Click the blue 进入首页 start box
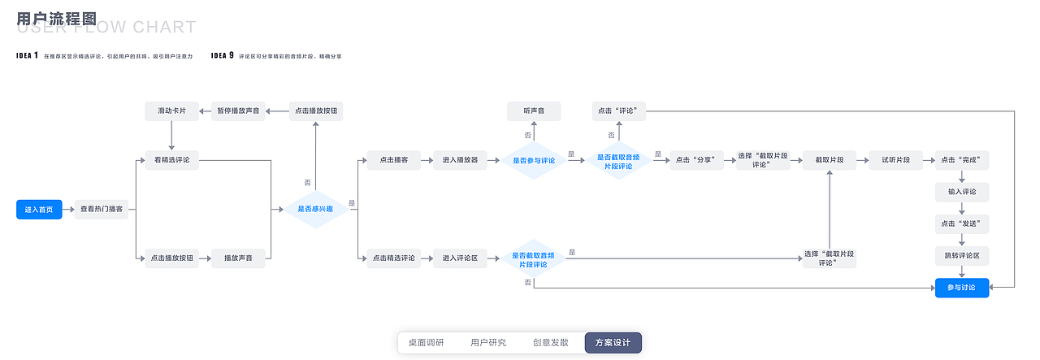point(39,210)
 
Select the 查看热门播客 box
point(102,210)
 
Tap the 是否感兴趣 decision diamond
point(316,210)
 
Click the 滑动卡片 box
point(171,111)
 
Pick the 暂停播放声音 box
point(238,111)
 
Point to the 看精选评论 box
point(171,160)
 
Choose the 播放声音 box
point(238,258)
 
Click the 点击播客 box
point(393,160)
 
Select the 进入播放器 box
point(460,160)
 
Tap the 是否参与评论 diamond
point(533,160)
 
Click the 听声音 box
point(534,111)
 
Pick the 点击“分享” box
point(696,160)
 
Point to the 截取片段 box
point(829,160)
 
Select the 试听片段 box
point(895,160)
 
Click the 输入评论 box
point(962,193)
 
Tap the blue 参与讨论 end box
point(962,288)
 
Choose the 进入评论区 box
point(460,258)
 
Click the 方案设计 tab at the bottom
point(613,343)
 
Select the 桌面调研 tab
point(426,343)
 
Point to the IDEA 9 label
point(222,56)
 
